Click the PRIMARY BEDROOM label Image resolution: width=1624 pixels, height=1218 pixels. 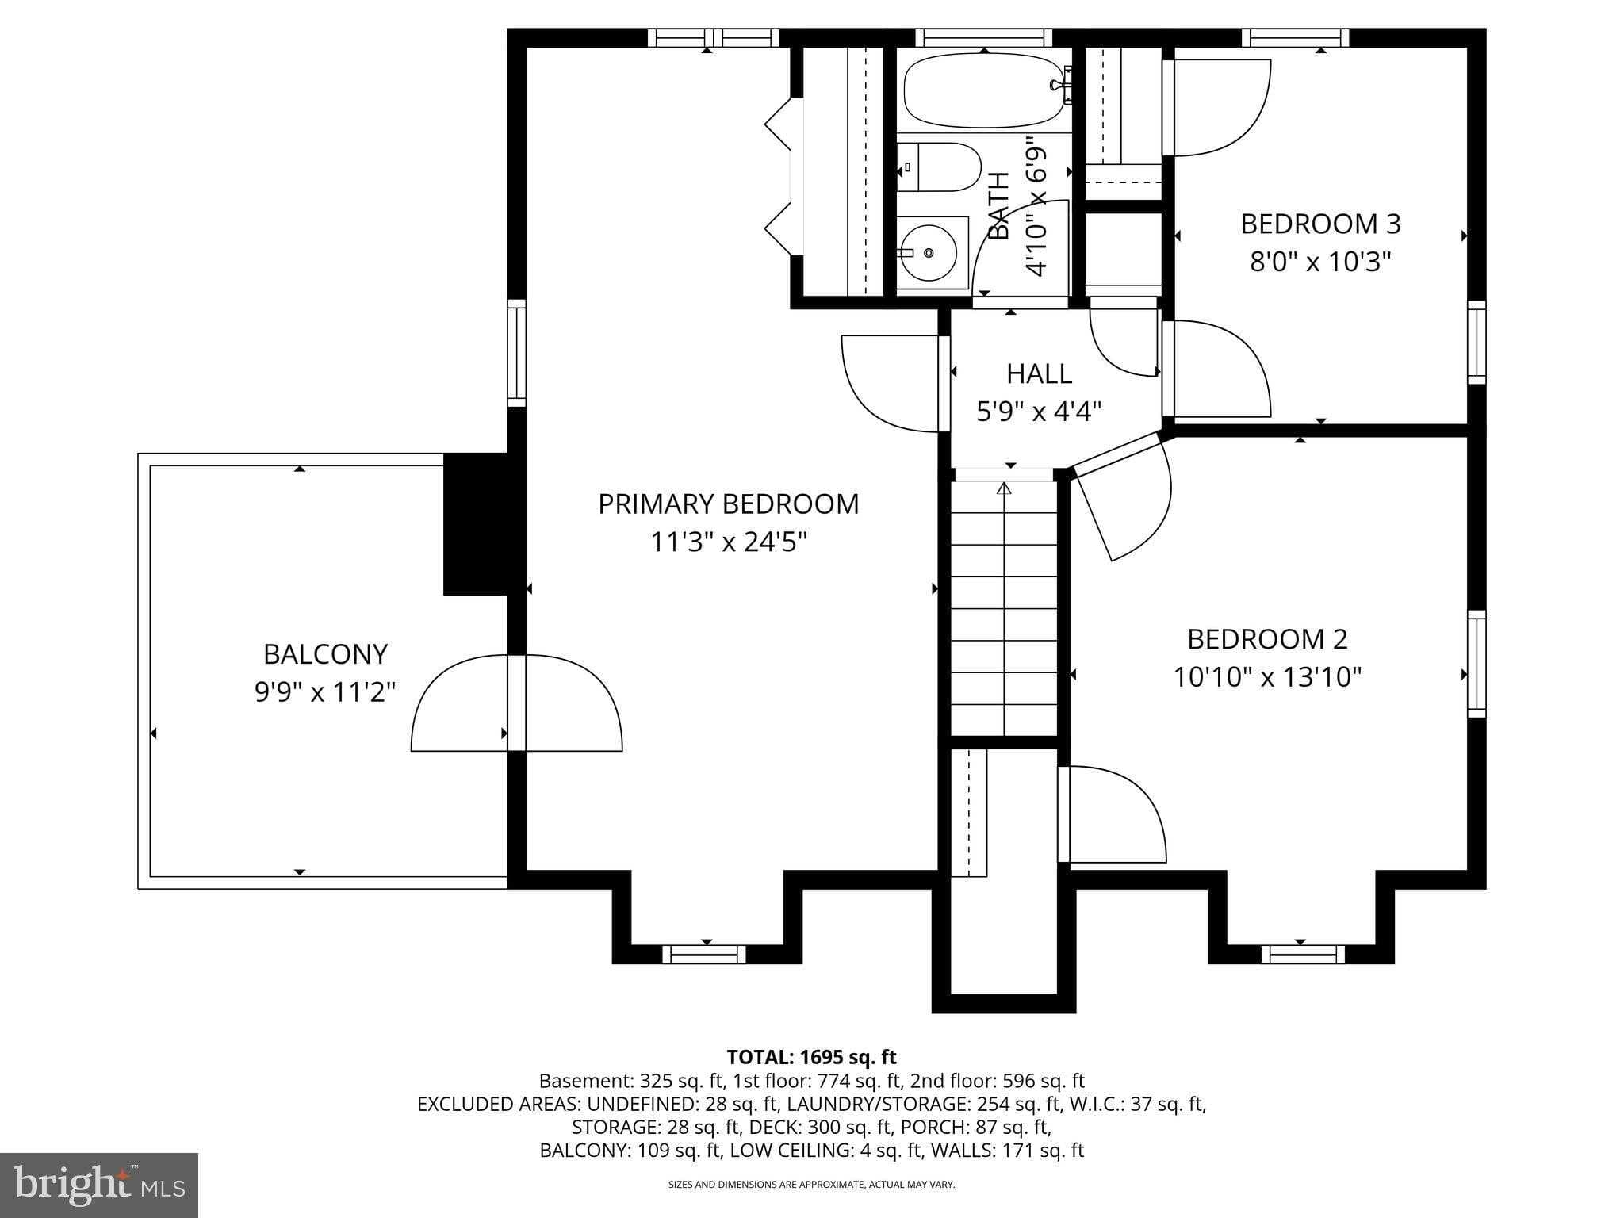point(728,504)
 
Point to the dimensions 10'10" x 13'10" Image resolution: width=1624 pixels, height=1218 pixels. point(1267,677)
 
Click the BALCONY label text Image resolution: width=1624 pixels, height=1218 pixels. point(325,654)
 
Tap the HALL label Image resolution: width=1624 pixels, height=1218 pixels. point(1039,373)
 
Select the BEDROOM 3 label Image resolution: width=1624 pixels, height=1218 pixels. point(1320,224)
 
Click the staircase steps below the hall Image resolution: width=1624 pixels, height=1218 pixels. point(1004,611)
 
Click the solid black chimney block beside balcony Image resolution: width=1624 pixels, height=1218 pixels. point(474,523)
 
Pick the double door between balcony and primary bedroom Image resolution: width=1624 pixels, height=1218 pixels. point(516,703)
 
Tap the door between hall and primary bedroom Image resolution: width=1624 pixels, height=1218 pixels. point(892,384)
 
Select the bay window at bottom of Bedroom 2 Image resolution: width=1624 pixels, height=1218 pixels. point(1302,954)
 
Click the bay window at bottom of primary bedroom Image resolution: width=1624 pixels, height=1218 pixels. point(704,954)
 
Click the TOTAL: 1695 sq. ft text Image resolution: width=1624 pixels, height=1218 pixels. point(811,1057)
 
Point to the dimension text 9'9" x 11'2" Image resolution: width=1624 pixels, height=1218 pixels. point(325,692)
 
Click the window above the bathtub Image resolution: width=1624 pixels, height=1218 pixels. point(983,37)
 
